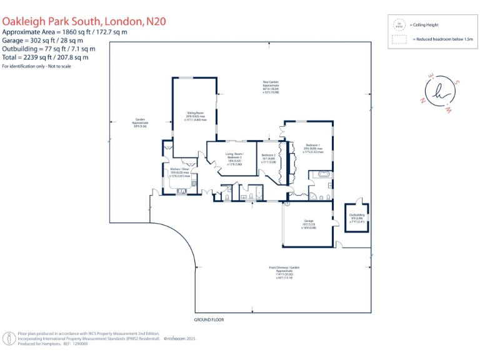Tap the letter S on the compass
pyautogui.click(x=457, y=82)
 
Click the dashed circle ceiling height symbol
pyautogui.click(x=399, y=25)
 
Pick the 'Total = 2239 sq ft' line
pyautogui.click(x=45, y=57)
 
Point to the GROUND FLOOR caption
pyautogui.click(x=209, y=319)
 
